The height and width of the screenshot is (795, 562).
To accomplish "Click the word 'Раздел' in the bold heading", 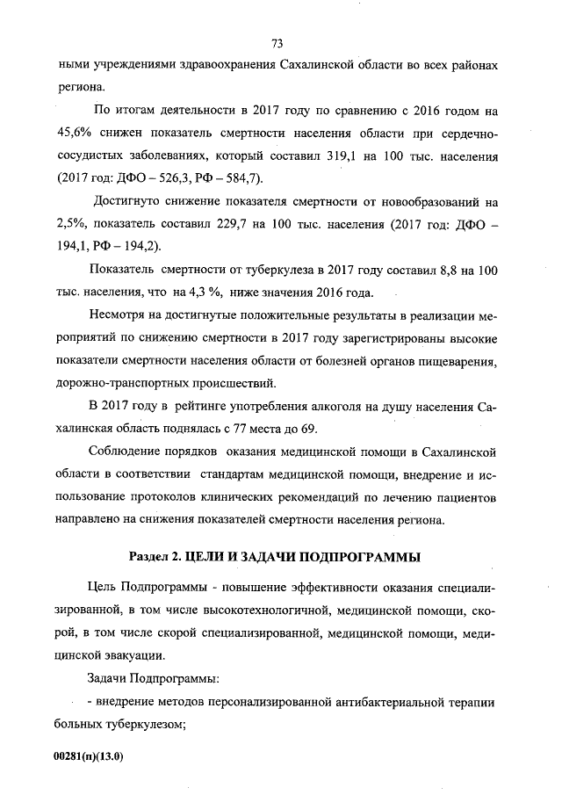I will pos(149,557).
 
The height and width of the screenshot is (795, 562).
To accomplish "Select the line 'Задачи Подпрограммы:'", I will pos(142,679).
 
